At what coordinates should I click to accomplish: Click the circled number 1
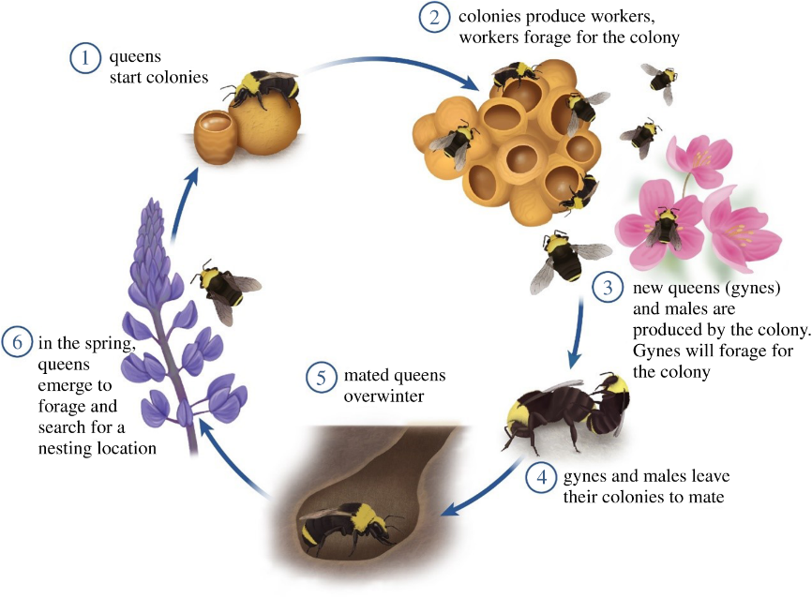[85, 57]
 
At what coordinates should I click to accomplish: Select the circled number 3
[608, 288]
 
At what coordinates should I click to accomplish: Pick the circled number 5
[322, 377]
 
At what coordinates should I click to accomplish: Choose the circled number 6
[17, 344]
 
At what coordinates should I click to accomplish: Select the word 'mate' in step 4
[708, 497]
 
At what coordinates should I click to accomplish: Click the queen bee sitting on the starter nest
[261, 87]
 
